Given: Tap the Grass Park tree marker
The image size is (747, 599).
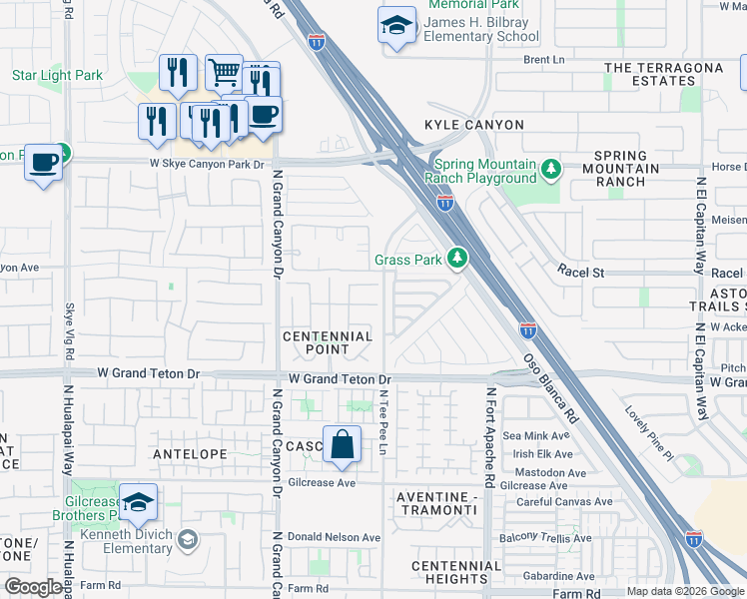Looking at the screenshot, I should (457, 260).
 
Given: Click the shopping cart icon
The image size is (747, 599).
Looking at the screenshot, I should (224, 72).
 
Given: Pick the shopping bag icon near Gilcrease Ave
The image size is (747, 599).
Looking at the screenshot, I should (342, 444).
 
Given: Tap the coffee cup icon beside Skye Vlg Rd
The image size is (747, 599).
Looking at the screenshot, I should (43, 162).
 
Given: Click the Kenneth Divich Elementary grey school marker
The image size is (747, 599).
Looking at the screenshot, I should (187, 541).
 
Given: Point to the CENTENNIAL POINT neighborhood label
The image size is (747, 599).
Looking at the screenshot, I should (328, 343).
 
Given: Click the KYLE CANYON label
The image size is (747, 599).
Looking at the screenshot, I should (473, 125).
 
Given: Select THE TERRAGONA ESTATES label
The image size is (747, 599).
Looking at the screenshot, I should (663, 75).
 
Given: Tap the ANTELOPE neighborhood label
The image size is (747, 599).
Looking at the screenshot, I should (185, 453).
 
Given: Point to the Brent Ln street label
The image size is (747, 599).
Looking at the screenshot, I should (544, 60).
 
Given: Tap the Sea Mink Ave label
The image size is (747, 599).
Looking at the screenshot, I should (535, 435).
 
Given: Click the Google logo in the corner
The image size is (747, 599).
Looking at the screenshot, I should (33, 587).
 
